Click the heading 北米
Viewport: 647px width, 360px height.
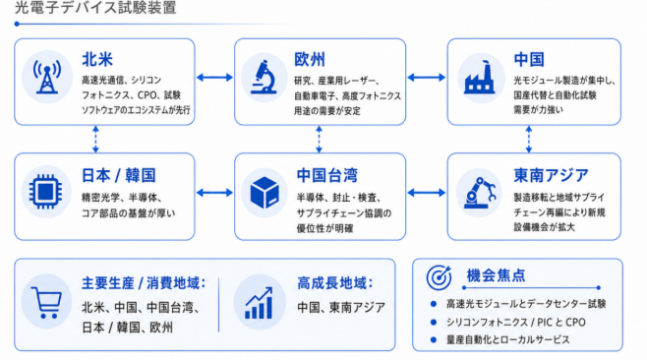tap(97, 59)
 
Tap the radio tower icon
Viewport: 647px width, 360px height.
tap(47, 77)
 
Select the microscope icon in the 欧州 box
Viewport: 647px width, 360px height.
tap(265, 77)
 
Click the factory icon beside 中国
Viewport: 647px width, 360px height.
tap(480, 78)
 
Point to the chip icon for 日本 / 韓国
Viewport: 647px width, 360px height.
tap(46, 191)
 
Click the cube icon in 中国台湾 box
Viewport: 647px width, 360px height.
tap(265, 193)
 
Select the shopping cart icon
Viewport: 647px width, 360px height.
tap(46, 303)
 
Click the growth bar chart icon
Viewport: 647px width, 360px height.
tap(259, 303)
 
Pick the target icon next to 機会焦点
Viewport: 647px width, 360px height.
tap(439, 277)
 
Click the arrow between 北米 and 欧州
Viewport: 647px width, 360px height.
tap(214, 77)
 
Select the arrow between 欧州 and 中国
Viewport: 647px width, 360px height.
tap(426, 77)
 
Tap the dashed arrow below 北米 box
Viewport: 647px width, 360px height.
tap(95, 139)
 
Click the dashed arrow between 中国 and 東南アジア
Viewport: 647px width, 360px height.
tap(529, 139)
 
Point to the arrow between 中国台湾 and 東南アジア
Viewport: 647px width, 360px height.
tap(426, 193)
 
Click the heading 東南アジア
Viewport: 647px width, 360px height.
tap(551, 175)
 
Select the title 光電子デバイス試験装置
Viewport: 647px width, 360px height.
tap(95, 8)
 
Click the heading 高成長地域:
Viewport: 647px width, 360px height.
tap(335, 283)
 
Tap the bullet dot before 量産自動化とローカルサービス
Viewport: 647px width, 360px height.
tap(434, 339)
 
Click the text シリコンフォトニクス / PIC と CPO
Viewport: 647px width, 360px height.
tap(516, 322)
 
